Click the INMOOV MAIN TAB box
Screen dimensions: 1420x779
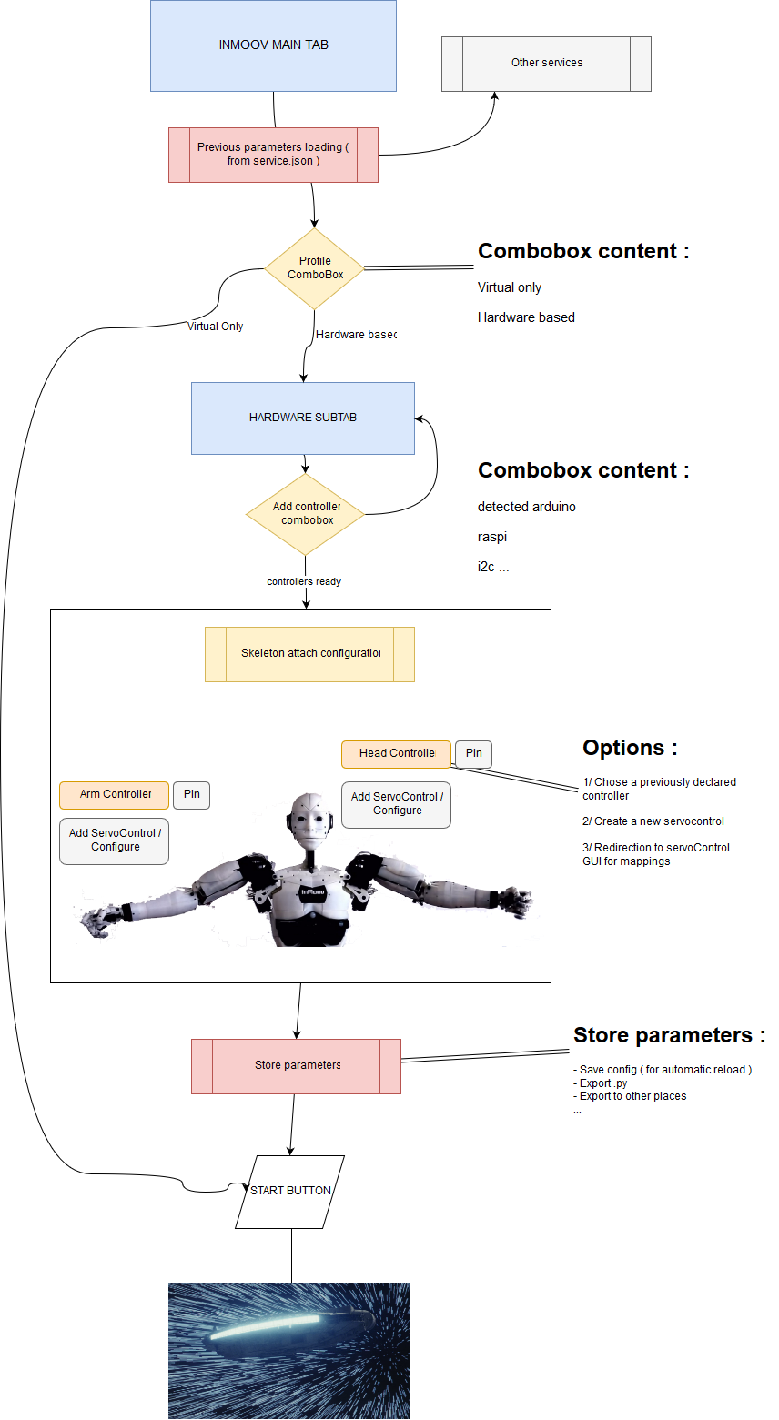coord(273,45)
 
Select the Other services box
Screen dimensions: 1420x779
coord(546,64)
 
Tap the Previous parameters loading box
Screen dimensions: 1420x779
coord(273,155)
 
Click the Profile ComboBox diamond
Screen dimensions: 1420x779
coord(315,268)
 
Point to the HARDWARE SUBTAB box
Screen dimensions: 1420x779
coord(302,418)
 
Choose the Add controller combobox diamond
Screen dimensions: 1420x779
coord(306,514)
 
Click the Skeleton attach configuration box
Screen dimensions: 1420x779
coord(309,653)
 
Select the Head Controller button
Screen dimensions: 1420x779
coord(396,753)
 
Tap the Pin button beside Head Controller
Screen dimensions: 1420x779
coord(473,753)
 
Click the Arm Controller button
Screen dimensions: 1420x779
coord(115,794)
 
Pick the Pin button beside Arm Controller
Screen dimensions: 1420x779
coord(191,794)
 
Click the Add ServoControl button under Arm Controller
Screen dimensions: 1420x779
coord(115,840)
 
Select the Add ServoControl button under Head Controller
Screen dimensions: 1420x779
coord(397,803)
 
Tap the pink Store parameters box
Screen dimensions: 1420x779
coord(296,1065)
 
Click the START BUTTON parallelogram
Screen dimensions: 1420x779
coord(290,1191)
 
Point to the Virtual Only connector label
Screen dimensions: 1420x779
coord(215,327)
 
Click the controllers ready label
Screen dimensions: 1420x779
coord(304,581)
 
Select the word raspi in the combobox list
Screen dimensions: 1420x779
coord(492,537)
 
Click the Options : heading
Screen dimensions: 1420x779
coord(630,748)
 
